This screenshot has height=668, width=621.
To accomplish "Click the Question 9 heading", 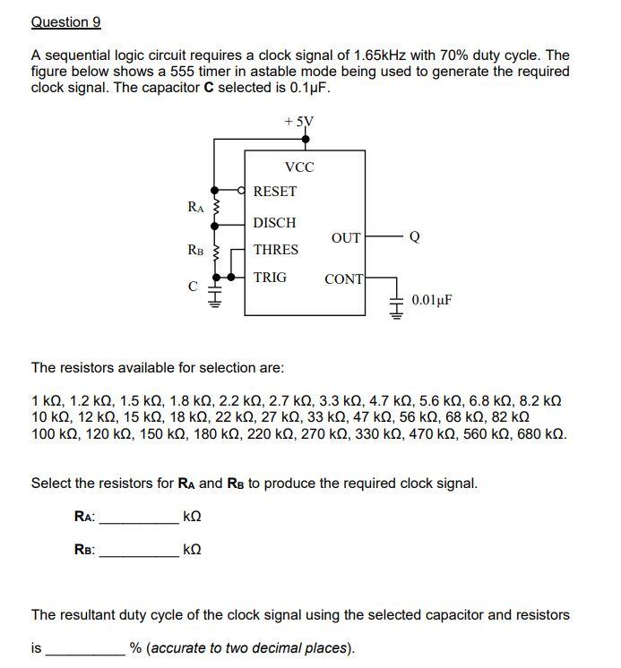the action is point(65,21).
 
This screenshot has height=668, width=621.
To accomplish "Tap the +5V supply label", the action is point(299,121).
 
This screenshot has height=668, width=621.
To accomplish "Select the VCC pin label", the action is point(299,167).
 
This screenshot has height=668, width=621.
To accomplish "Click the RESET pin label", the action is point(275,192).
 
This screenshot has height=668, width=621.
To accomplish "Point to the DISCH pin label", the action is point(275,222).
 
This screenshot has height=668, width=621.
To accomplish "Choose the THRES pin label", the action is point(276,250).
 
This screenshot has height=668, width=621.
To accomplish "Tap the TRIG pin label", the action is point(271,278).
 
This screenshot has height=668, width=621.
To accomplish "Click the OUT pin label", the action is point(346,237).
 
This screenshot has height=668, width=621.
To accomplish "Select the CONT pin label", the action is point(344,279).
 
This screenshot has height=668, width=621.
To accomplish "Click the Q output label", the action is point(413,237).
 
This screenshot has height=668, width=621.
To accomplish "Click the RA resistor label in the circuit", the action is point(196,207).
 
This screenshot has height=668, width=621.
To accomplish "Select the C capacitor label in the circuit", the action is point(192,287).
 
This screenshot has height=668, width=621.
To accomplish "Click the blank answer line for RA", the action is point(138,518).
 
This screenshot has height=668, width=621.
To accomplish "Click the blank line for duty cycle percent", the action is point(85,647).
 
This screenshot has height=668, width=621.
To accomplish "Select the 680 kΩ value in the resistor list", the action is point(542,434).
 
